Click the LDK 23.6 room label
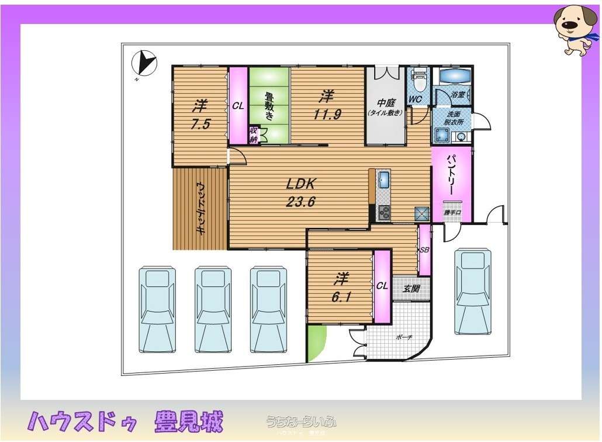point(300,192)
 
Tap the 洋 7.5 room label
point(200,115)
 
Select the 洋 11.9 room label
point(326,103)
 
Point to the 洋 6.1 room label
point(341,286)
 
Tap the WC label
point(415,99)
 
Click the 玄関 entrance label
point(411,289)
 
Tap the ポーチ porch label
point(403,337)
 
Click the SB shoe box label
point(424,250)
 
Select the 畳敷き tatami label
point(269,106)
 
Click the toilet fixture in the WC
point(418,79)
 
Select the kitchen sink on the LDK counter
point(383,179)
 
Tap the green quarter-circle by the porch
point(315,344)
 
